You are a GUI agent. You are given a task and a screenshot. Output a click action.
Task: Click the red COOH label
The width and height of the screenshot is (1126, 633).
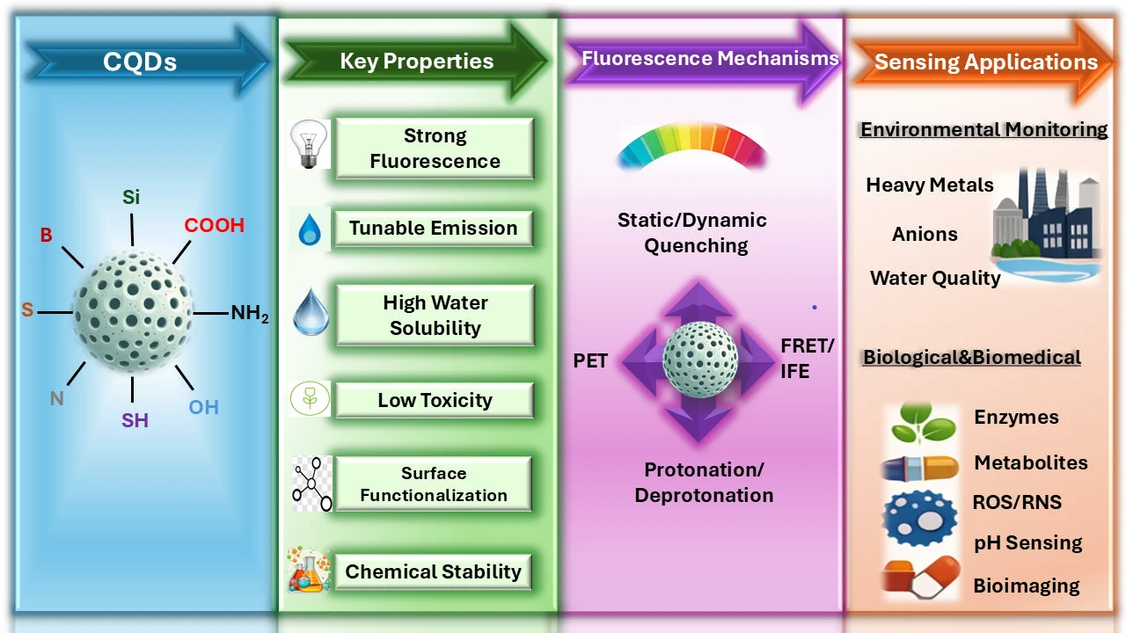pyautogui.click(x=214, y=226)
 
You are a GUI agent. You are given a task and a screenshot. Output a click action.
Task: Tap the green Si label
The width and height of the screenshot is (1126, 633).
pyautogui.click(x=131, y=197)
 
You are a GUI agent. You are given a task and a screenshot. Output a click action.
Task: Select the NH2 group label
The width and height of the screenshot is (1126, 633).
pyautogui.click(x=250, y=313)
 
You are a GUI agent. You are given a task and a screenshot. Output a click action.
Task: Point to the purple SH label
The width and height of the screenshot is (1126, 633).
pyautogui.click(x=135, y=420)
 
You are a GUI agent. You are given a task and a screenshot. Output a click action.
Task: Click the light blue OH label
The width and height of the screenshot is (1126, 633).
pyautogui.click(x=203, y=407)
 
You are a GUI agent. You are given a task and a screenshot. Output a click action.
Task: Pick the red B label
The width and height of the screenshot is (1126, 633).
pyautogui.click(x=47, y=235)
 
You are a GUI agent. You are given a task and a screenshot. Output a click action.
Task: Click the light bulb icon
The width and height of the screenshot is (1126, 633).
pyautogui.click(x=309, y=144)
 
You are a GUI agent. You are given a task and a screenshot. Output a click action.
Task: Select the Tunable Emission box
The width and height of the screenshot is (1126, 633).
pyautogui.click(x=434, y=229)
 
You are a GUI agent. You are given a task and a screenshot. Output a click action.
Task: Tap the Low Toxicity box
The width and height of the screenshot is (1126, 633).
pyautogui.click(x=435, y=400)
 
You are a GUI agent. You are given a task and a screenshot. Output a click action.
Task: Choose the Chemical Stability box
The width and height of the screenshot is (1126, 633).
pyautogui.click(x=434, y=571)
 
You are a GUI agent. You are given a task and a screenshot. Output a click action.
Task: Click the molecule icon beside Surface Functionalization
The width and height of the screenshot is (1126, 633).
pyautogui.click(x=312, y=484)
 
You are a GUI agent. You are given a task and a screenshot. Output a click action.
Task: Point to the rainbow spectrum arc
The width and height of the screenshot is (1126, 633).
pyautogui.click(x=691, y=143)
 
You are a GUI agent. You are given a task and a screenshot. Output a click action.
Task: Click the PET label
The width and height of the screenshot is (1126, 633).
pyautogui.click(x=590, y=360)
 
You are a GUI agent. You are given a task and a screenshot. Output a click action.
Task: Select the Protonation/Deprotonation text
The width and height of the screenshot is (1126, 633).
pyautogui.click(x=704, y=483)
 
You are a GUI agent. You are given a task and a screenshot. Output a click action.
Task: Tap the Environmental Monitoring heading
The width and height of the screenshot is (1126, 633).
pyautogui.click(x=983, y=129)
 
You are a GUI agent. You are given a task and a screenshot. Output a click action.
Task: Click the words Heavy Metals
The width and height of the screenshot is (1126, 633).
pyautogui.click(x=930, y=185)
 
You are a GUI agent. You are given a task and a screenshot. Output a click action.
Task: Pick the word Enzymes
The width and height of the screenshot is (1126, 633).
pyautogui.click(x=1016, y=417)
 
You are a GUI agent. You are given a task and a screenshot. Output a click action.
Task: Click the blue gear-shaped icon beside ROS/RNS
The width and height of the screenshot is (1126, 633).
pyautogui.click(x=920, y=518)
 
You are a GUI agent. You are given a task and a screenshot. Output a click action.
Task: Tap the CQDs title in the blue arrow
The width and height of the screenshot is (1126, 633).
pyautogui.click(x=140, y=62)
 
